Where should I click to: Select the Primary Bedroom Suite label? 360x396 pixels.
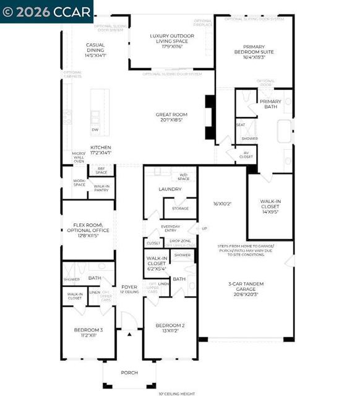254,51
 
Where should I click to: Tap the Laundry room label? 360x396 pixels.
170,189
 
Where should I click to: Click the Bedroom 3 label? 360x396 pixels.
88,333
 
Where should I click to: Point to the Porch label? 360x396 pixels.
130,372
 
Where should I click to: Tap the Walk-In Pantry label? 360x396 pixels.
102,189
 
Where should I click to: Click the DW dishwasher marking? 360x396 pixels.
95,130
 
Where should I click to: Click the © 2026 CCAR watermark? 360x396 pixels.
46,11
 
